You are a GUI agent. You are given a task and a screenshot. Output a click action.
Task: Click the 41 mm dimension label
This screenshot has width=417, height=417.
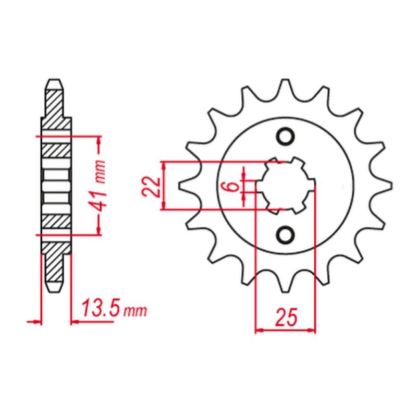tap(100, 185)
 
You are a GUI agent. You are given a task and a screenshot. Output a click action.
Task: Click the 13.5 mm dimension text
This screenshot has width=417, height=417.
tap(114, 309)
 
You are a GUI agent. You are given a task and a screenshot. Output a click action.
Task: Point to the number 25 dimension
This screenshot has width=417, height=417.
tap(286, 317)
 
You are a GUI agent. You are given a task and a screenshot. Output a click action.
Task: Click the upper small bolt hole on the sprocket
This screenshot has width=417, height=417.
tap(286, 137)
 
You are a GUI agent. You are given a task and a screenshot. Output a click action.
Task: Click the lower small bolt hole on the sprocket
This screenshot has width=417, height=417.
tap(286, 235)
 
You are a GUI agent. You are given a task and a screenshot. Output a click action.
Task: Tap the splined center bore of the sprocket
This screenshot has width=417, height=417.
tap(286, 186)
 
